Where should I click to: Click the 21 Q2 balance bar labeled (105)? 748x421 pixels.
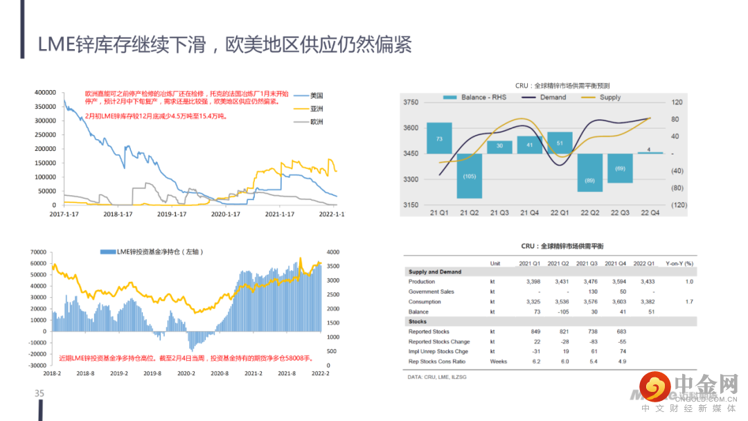click(469, 176)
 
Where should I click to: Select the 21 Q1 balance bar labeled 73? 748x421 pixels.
click(439, 138)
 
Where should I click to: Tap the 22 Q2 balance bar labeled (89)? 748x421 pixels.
click(590, 172)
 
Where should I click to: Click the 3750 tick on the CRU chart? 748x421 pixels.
click(411, 102)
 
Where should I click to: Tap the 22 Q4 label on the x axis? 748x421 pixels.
click(650, 212)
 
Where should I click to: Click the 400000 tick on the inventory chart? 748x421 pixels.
click(44, 92)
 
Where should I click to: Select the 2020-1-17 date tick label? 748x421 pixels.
click(226, 214)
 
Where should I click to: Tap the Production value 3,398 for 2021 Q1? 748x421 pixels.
click(528, 282)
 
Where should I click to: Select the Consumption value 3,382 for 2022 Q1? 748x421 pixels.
click(643, 302)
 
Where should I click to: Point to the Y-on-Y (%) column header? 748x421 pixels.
click(679, 263)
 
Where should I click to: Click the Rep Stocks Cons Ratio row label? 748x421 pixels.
click(437, 361)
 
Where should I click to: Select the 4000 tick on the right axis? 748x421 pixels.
click(334, 252)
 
